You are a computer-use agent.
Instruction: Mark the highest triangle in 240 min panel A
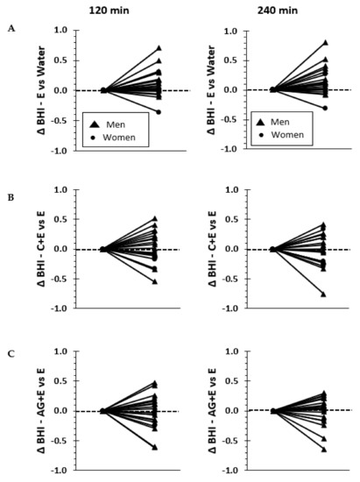324,42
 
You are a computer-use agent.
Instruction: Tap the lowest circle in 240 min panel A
324,108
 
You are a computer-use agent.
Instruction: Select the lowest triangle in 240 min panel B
324,294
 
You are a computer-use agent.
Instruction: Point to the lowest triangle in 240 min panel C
324,450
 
